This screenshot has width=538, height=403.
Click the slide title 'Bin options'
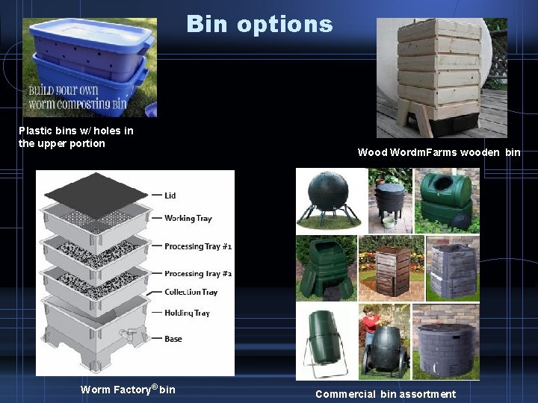tap(259, 24)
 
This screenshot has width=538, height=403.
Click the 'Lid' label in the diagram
tap(170, 196)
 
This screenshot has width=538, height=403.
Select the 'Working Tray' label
tap(188, 218)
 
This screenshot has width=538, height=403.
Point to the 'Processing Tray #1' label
tap(197, 246)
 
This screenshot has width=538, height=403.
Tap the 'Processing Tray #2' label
tap(197, 274)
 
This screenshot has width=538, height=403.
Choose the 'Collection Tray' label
tap(191, 293)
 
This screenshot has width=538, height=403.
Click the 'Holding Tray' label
tap(187, 313)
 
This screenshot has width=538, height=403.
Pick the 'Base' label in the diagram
tap(173, 339)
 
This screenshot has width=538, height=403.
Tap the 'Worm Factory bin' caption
tap(128, 389)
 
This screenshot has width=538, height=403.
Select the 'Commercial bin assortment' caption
tap(386, 393)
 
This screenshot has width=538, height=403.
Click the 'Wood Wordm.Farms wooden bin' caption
tap(439, 152)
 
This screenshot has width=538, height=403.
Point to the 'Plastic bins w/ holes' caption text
tap(75, 137)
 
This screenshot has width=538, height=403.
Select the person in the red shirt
tap(369, 329)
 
